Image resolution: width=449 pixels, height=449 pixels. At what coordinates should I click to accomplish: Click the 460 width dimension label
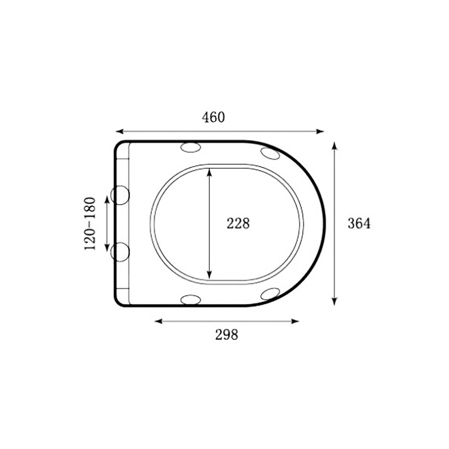[213, 117]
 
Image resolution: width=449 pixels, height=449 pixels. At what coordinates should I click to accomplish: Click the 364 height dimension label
[359, 223]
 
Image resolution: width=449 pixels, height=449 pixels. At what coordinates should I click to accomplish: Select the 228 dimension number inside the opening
[238, 223]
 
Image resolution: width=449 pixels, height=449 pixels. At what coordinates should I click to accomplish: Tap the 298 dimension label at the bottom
[226, 335]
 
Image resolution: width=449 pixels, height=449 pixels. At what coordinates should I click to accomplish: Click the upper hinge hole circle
[120, 195]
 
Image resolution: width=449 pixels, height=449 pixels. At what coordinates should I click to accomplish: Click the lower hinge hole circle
[120, 252]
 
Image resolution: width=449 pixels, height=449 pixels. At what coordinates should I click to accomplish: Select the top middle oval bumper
[191, 147]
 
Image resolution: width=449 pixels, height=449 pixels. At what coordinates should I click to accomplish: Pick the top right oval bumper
[270, 153]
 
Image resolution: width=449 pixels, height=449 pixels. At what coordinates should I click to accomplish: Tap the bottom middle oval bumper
[191, 300]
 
